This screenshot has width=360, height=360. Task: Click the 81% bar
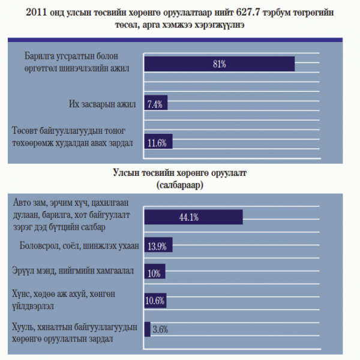coord(219,64)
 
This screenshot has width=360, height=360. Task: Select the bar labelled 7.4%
coord(156,104)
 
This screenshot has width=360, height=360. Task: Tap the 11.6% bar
coord(159,143)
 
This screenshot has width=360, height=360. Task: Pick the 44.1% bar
coord(193,217)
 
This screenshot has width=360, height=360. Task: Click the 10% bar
coord(154,274)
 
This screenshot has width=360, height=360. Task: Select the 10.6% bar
coord(155,301)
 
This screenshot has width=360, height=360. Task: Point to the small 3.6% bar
coord(147,329)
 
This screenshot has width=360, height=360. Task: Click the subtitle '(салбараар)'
coord(180,185)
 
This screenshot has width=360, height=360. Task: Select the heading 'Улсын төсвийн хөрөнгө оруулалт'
coord(180,173)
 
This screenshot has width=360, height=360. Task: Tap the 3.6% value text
coord(161,329)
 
